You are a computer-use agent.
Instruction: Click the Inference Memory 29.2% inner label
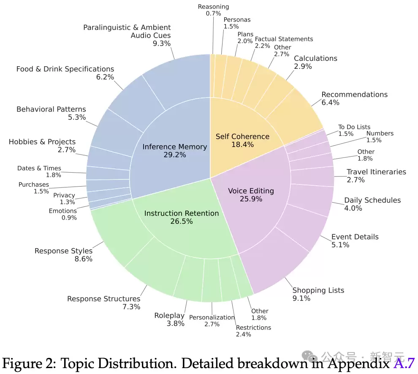pyautogui.click(x=174, y=151)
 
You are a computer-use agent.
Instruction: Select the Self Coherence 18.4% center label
pyautogui.click(x=242, y=140)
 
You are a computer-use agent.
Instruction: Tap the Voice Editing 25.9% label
pyautogui.click(x=251, y=195)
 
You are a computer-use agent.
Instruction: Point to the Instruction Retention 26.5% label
pyautogui.click(x=182, y=217)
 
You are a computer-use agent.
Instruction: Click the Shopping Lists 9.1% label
pyautogui.click(x=318, y=294)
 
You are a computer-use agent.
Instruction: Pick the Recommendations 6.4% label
pyautogui.click(x=354, y=98)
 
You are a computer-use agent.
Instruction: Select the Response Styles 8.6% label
pyautogui.click(x=63, y=255)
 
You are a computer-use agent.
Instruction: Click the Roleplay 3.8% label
pyautogui.click(x=169, y=320)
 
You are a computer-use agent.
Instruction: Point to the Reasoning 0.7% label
pyautogui.click(x=213, y=10)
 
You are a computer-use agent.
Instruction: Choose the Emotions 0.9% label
pyautogui.click(x=63, y=214)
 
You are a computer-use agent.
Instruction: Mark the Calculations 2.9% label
pyautogui.click(x=315, y=62)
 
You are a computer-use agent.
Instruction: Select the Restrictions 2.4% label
pyautogui.click(x=253, y=331)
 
